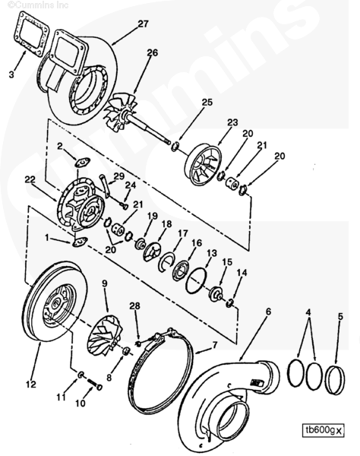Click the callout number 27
[143, 24]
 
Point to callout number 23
[232, 122]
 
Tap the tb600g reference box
[323, 430]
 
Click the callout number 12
[31, 384]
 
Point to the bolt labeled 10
[93, 385]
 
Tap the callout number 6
[268, 312]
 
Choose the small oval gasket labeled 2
[82, 162]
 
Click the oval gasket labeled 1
[79, 242]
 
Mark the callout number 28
[134, 306]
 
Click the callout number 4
[308, 312]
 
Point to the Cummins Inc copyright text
[37, 5]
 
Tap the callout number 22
[30, 180]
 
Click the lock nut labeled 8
[126, 351]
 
